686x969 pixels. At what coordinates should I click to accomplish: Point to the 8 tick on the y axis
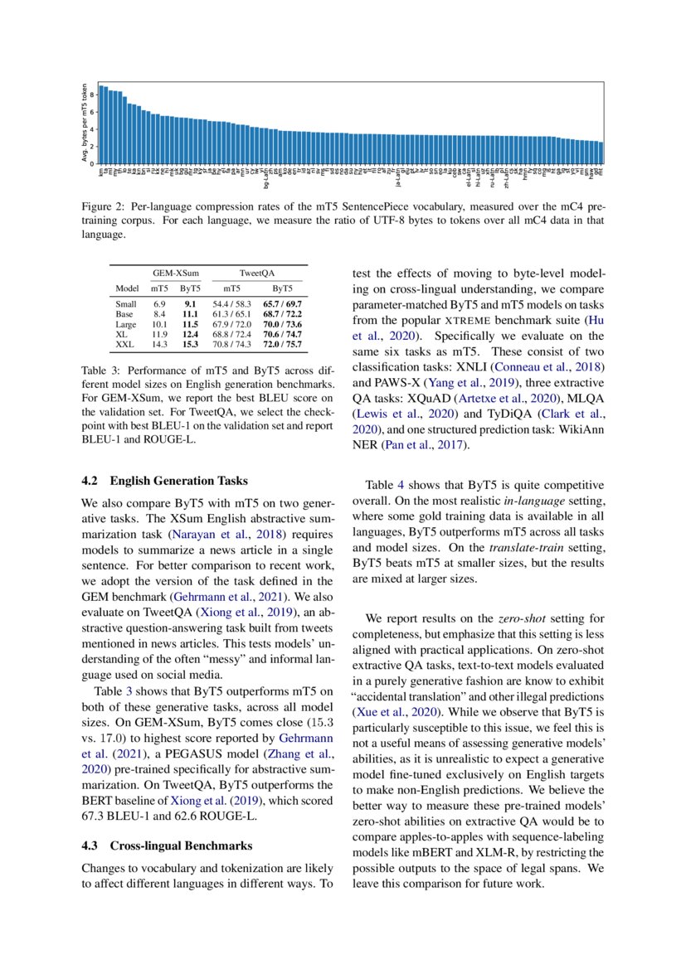[x=93, y=94]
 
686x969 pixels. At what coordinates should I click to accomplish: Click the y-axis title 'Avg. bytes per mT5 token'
[x=85, y=123]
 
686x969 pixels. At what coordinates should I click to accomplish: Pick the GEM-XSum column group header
[x=174, y=272]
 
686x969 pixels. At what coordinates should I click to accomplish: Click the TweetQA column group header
[x=257, y=272]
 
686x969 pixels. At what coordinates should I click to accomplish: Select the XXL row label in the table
[x=125, y=343]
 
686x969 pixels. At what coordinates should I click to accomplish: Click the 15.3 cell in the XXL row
[x=189, y=343]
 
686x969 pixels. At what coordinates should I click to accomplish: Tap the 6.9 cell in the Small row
[x=159, y=305]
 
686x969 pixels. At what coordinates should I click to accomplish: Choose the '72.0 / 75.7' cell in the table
[x=282, y=343]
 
